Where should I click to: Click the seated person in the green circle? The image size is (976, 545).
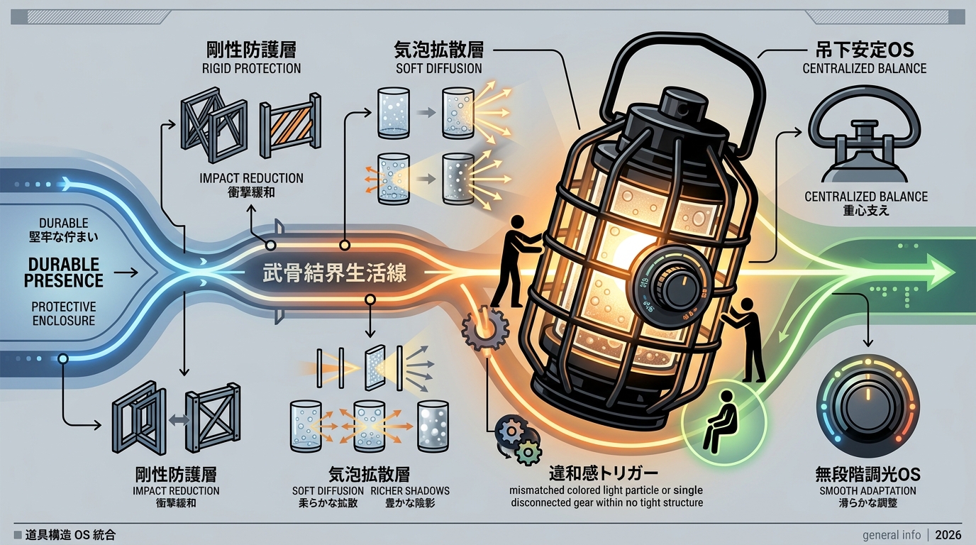[720, 421]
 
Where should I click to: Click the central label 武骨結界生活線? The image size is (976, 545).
[335, 272]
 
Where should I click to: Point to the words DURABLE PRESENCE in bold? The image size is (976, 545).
[64, 272]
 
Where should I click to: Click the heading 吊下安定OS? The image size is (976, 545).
[865, 50]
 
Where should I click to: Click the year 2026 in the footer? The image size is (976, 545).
[948, 535]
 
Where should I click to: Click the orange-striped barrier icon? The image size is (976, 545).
[290, 125]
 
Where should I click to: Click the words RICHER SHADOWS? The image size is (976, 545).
[410, 490]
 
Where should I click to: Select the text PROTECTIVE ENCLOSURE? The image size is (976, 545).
[64, 314]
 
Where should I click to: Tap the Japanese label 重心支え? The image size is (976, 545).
[866, 211]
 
